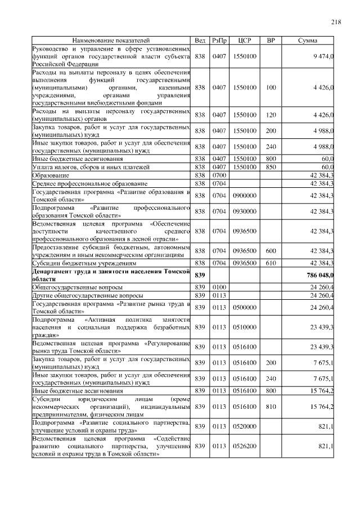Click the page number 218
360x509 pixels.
[336, 22]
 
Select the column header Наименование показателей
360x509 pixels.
[111, 41]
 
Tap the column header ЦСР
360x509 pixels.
[245, 41]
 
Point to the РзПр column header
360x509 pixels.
[219, 41]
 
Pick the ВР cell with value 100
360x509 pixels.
[271, 88]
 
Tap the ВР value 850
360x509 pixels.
[271, 168]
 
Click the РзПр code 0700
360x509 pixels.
[219, 175]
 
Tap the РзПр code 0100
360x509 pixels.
[219, 287]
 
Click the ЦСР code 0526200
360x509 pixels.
[245, 446]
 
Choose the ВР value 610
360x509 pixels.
[271, 263]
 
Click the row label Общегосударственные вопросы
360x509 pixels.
[78, 287]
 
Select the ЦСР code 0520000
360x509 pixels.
[245, 426]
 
